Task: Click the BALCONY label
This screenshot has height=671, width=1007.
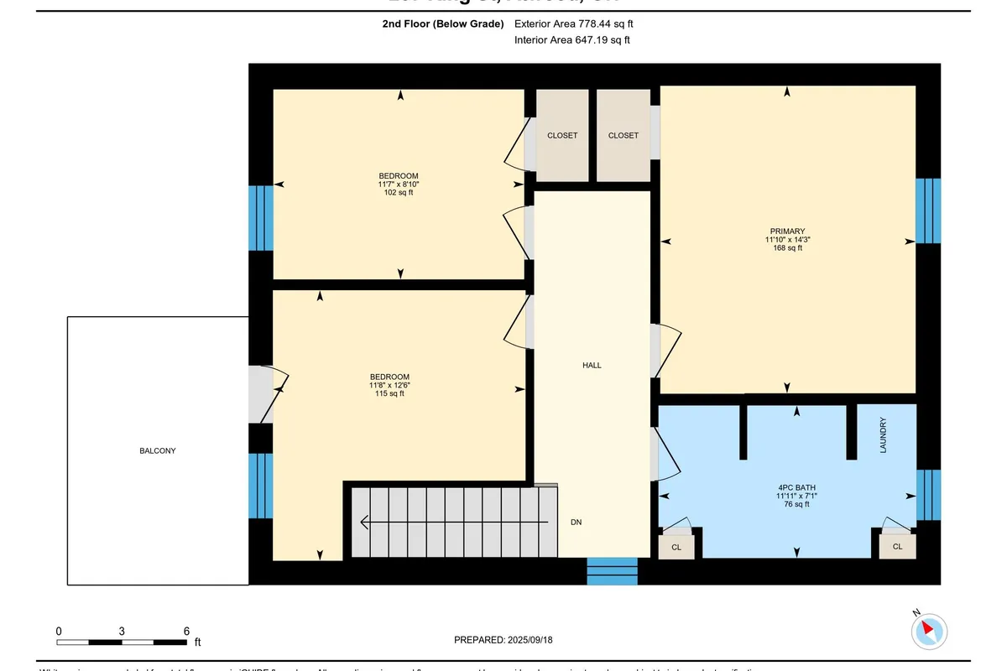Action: pyautogui.click(x=158, y=450)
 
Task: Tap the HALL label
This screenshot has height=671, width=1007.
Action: pyautogui.click(x=592, y=365)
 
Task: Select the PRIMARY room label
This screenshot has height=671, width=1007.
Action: pyautogui.click(x=787, y=231)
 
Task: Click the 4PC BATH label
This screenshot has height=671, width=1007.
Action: pyautogui.click(x=796, y=487)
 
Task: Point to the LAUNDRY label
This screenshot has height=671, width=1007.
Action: pyautogui.click(x=882, y=436)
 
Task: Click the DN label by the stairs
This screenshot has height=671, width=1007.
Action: pyautogui.click(x=576, y=522)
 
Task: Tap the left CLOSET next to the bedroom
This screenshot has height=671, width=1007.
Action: pyautogui.click(x=562, y=135)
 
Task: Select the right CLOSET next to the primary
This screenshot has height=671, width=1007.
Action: pyautogui.click(x=623, y=135)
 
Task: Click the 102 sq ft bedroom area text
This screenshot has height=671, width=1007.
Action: pyautogui.click(x=398, y=192)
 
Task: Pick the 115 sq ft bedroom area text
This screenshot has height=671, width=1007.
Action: pyautogui.click(x=389, y=393)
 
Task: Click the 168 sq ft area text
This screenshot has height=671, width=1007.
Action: pyautogui.click(x=787, y=247)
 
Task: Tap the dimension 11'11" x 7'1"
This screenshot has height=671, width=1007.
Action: pyautogui.click(x=796, y=496)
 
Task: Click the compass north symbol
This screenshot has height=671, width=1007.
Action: pyautogui.click(x=929, y=629)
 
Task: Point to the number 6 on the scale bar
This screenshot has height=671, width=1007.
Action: pyautogui.click(x=185, y=631)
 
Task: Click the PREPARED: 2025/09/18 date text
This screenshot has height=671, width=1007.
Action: pyautogui.click(x=503, y=640)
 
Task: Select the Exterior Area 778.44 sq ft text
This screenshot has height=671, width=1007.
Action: pyautogui.click(x=573, y=24)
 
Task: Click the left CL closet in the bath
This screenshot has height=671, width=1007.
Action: pyautogui.click(x=676, y=547)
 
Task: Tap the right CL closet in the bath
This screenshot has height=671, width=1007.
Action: pyautogui.click(x=897, y=547)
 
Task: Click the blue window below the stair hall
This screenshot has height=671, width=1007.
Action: pyautogui.click(x=613, y=571)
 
